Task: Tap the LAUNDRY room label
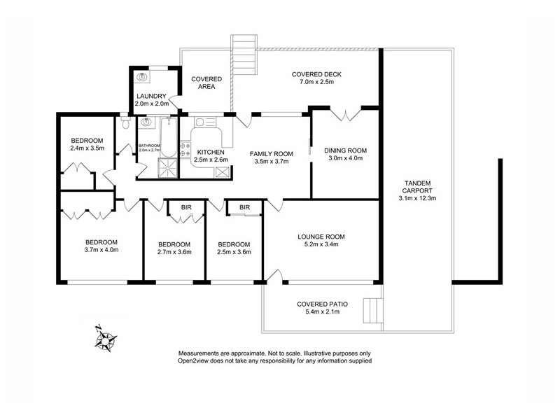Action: tap(151, 96)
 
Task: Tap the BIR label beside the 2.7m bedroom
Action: tap(186, 207)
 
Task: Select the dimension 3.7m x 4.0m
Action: tap(101, 249)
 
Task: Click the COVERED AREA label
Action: tap(206, 83)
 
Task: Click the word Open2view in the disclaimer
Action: tap(199, 361)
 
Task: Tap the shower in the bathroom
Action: tap(169, 169)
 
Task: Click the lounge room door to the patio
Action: tap(276, 276)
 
